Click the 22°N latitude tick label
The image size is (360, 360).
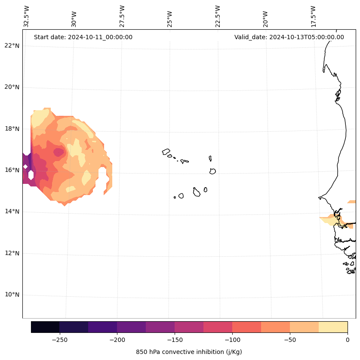(12, 46)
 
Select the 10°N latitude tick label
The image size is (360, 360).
(12, 295)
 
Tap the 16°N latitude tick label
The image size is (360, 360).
(12, 170)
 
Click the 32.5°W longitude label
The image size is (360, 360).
(27, 16)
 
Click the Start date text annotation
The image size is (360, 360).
(83, 37)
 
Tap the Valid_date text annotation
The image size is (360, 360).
(289, 37)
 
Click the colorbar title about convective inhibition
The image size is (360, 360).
(189, 352)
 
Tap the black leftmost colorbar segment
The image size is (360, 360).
(45, 327)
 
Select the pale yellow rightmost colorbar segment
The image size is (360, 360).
(333, 327)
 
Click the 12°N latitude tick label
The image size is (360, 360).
(12, 253)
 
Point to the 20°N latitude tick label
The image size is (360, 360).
(12, 87)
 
